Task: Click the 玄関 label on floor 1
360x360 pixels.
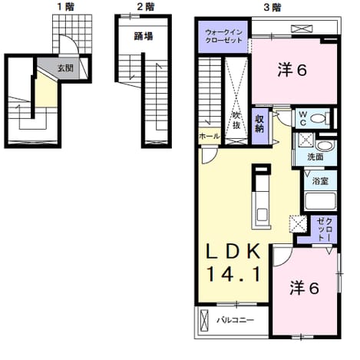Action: [65, 68]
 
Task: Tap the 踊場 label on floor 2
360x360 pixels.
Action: [144, 36]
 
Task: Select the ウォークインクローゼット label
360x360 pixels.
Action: [224, 36]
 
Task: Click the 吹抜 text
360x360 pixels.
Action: [236, 121]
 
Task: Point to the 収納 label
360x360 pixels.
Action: [259, 124]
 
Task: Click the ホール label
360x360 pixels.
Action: [210, 137]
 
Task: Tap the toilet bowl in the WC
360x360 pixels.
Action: [318, 118]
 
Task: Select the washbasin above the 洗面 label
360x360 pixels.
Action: [325, 146]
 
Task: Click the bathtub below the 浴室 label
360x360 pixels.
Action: [321, 201]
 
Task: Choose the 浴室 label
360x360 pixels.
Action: [320, 181]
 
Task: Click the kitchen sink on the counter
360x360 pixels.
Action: [262, 214]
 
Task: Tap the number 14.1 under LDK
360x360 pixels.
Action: [233, 273]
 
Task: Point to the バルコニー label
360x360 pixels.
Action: [236, 320]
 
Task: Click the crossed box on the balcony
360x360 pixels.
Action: [204, 321]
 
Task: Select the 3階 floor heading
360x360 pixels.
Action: [272, 8]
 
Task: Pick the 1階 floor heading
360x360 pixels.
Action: [66, 7]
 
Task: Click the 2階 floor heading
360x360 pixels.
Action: [146, 7]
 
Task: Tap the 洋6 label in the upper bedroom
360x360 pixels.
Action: [292, 70]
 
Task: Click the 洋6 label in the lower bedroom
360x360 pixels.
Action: [304, 288]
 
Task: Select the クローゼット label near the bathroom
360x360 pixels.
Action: [325, 230]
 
